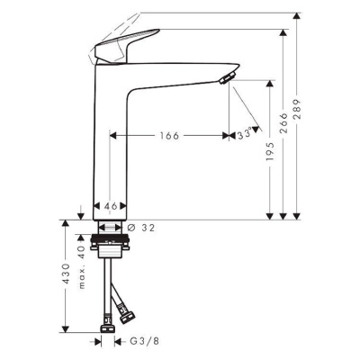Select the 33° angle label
[244, 136]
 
